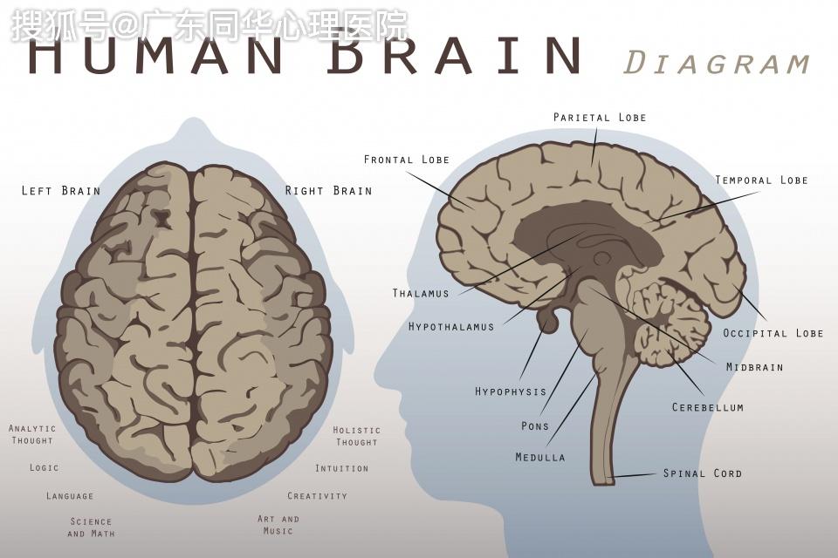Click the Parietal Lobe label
pos(600,117)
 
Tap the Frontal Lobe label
pos(407,160)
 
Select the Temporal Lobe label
pos(761,180)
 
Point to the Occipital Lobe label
pos(773,333)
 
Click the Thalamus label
pos(421,293)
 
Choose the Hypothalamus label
pos(451,326)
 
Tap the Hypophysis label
pos(511,391)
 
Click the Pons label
pos(535,426)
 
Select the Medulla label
pos(539,457)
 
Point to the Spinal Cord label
pos(702,473)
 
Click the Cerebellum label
pos(708,407)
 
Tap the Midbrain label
pos(754,367)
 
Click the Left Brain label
pos(61,191)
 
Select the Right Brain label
pos(328,191)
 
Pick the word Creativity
pos(318,496)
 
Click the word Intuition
pos(341,468)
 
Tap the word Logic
pos(44,467)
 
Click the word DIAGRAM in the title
pos(717,63)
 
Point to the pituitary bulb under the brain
pos(548,320)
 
